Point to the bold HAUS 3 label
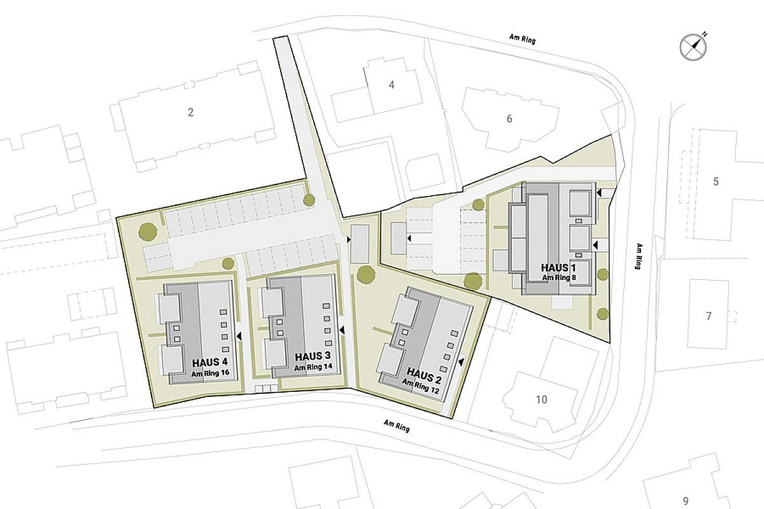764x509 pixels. click(x=313, y=357)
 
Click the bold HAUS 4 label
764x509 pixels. click(x=209, y=363)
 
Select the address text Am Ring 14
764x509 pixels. click(x=313, y=367)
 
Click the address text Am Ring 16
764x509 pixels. click(x=209, y=373)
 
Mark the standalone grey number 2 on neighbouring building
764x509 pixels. click(x=190, y=113)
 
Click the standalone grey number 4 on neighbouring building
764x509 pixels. click(x=392, y=85)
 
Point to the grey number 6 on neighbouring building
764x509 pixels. click(x=509, y=118)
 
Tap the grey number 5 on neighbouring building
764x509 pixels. click(x=716, y=182)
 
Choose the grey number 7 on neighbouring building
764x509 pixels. click(x=708, y=316)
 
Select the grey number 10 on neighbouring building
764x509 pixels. click(x=541, y=400)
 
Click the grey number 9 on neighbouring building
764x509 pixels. click(x=685, y=499)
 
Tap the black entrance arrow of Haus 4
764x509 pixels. click(x=239, y=335)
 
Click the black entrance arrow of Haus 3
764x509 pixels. click(x=342, y=330)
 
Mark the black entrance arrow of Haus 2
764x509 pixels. click(x=460, y=361)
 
